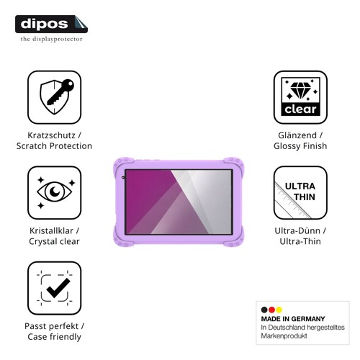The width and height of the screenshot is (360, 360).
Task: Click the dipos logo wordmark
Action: point(44,24)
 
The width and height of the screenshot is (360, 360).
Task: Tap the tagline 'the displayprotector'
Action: point(51,39)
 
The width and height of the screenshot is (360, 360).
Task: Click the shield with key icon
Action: point(57,96)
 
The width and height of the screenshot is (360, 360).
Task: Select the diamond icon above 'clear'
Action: point(300,91)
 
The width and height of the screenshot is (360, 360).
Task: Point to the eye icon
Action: point(55,192)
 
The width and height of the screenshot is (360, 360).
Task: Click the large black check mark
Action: point(58,288)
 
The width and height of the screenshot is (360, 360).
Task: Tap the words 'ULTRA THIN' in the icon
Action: point(300,192)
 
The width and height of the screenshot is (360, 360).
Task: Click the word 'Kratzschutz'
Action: point(51,135)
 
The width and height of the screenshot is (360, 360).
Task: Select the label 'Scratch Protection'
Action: point(54,146)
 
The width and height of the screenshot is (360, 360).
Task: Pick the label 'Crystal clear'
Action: point(54,241)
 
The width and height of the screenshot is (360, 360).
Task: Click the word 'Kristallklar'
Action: point(51,230)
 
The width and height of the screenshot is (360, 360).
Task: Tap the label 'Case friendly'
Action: point(54,337)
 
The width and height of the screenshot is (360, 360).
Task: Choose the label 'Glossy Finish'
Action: point(300,146)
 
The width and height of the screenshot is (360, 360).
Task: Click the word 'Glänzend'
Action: point(297,135)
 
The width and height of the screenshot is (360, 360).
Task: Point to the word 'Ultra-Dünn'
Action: point(297,230)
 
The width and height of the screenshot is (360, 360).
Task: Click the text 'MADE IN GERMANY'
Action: point(293,319)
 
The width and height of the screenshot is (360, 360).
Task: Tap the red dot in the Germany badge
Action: point(271,310)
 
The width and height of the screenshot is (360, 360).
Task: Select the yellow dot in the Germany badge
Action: point(279,310)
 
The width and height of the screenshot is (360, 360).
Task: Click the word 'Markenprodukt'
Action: point(284,336)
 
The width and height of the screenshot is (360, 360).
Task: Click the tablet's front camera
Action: point(123,178)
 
